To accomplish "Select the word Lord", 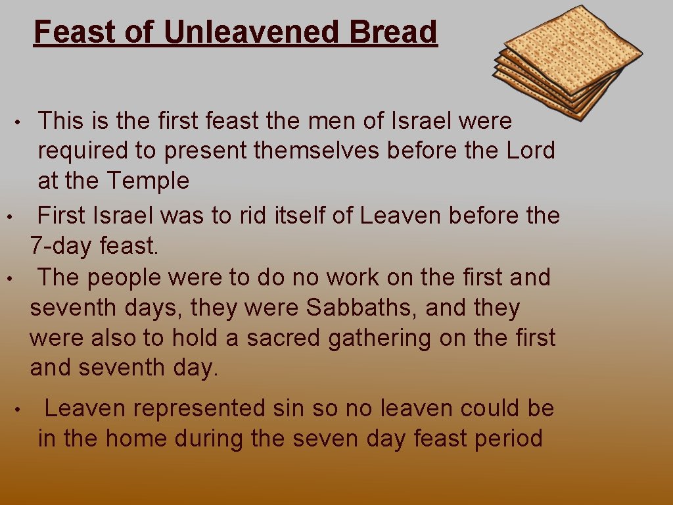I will pos(530,151).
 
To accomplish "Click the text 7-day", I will pos(61,247).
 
